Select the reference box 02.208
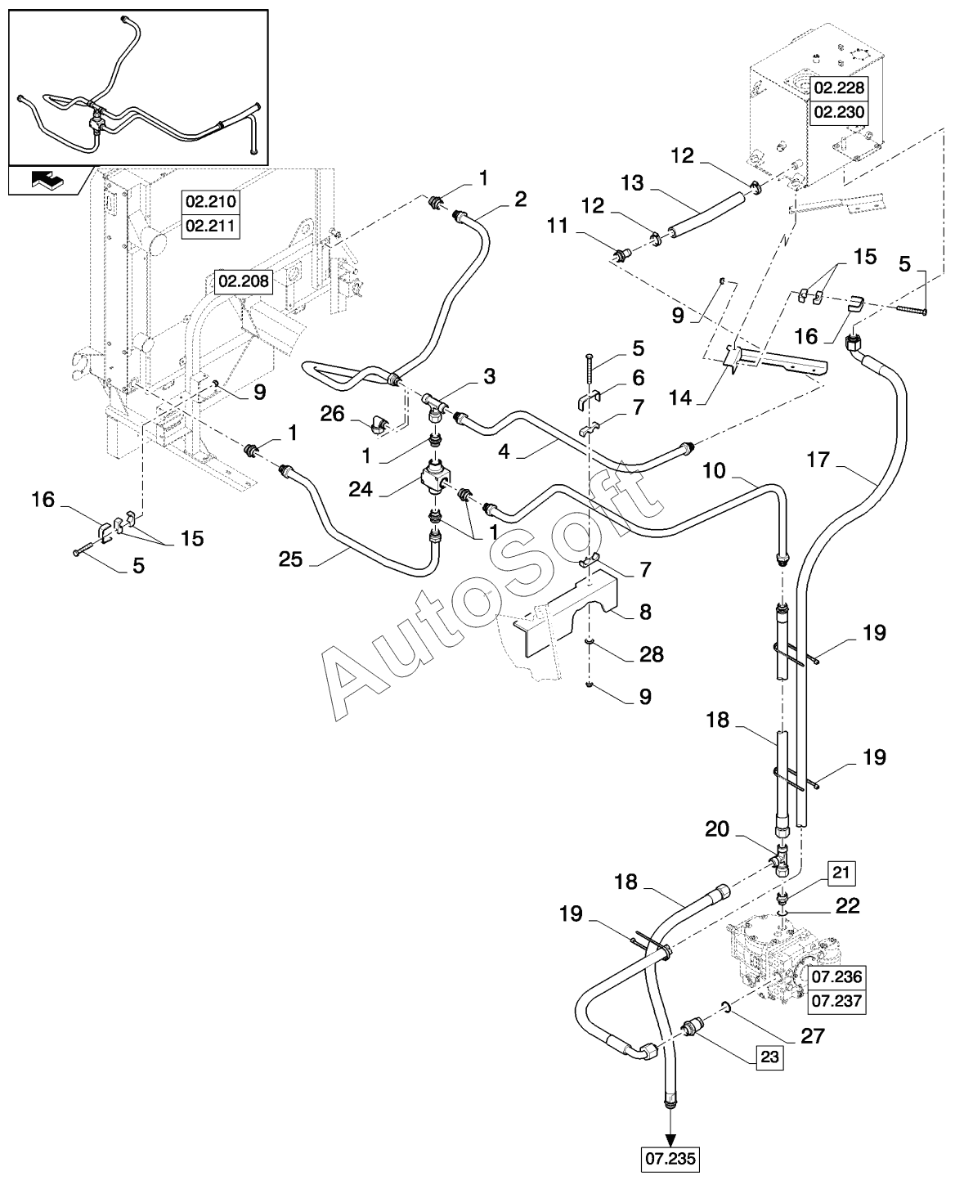click(244, 281)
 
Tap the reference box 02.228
click(839, 88)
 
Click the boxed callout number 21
click(841, 873)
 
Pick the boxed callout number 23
click(769, 1057)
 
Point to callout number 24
click(360, 489)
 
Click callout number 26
click(332, 414)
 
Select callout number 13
click(632, 183)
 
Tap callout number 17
click(818, 460)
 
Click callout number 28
click(652, 654)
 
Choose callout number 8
click(645, 612)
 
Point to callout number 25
click(290, 559)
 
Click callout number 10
click(714, 471)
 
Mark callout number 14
click(680, 397)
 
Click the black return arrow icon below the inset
click(47, 180)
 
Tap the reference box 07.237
click(837, 1001)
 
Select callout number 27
click(812, 1035)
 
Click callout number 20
click(717, 828)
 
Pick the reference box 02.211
click(211, 226)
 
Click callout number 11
click(558, 227)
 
